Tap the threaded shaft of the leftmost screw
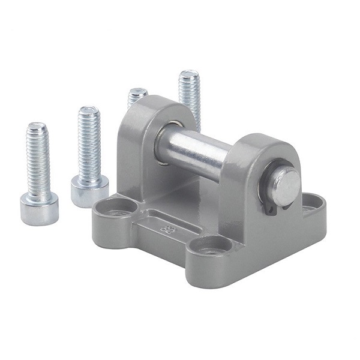tap(37, 159)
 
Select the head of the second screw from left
tap(89, 190)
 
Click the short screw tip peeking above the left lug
tap(137, 96)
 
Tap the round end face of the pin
tap(286, 186)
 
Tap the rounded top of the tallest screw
tap(188, 75)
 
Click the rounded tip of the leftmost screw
tap(37, 127)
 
